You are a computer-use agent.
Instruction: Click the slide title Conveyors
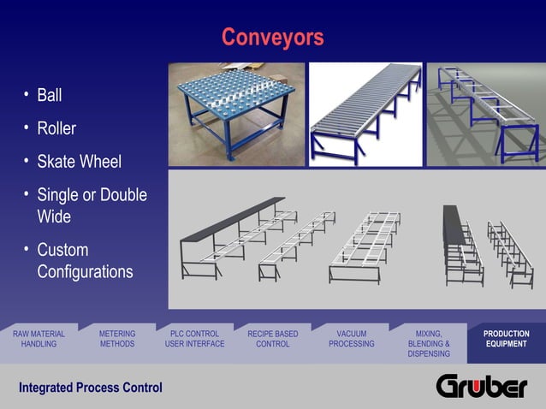coord(272,38)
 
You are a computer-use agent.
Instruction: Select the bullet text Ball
coord(50,95)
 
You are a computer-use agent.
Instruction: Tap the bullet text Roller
coord(56,128)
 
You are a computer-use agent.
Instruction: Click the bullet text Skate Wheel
coord(79,162)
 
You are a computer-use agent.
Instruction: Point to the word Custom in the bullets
coord(62,251)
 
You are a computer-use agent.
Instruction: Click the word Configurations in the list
coord(85,272)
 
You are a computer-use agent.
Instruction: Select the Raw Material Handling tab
coord(39,339)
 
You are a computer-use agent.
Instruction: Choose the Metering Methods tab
coord(117,339)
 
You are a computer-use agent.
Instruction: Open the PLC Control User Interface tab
coord(194,339)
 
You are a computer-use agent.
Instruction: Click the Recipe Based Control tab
coord(273,339)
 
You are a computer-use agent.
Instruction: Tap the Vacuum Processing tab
coord(351,339)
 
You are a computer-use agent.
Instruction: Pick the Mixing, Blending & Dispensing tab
coord(429,343)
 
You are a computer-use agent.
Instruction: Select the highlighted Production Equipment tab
coord(507,339)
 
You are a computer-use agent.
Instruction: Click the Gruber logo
coord(482,386)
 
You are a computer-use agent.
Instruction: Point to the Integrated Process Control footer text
coord(91,388)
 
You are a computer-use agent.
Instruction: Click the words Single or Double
coord(92,195)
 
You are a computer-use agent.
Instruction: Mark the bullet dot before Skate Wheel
coord(27,160)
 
